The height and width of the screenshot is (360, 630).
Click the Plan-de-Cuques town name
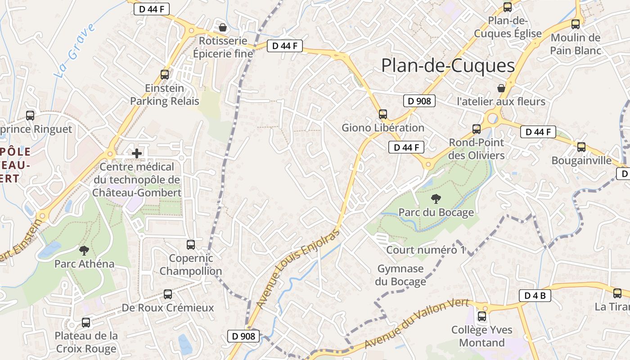pyautogui.click(x=448, y=66)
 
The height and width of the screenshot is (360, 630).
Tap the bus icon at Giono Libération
pyautogui.click(x=383, y=114)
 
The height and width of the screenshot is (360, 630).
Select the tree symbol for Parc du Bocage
pyautogui.click(x=436, y=198)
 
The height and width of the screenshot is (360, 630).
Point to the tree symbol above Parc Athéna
pyautogui.click(x=84, y=250)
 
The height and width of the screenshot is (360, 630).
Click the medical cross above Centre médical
pyautogui.click(x=137, y=153)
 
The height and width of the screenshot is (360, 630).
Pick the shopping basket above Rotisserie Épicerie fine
pyautogui.click(x=222, y=27)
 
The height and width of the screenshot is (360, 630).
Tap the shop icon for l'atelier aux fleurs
pyautogui.click(x=501, y=88)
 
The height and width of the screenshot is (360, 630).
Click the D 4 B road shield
pyautogui.click(x=535, y=296)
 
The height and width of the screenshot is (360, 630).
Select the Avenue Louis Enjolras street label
pyautogui.click(x=298, y=270)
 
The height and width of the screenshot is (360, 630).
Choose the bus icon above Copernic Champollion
pyautogui.click(x=191, y=245)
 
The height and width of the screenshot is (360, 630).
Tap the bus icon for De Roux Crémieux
pyautogui.click(x=168, y=294)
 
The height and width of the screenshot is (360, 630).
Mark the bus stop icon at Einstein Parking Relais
pyautogui.click(x=165, y=75)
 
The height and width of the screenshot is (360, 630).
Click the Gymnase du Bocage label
pyautogui.click(x=400, y=275)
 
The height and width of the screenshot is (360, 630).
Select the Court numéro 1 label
pyautogui.click(x=425, y=250)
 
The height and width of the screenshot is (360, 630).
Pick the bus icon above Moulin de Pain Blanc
pyautogui.click(x=576, y=24)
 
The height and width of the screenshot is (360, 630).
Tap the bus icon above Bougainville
pyautogui.click(x=581, y=147)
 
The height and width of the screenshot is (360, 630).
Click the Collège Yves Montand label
pyautogui.click(x=481, y=336)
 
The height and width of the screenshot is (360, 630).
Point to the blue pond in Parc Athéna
pyautogui.click(x=50, y=250)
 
